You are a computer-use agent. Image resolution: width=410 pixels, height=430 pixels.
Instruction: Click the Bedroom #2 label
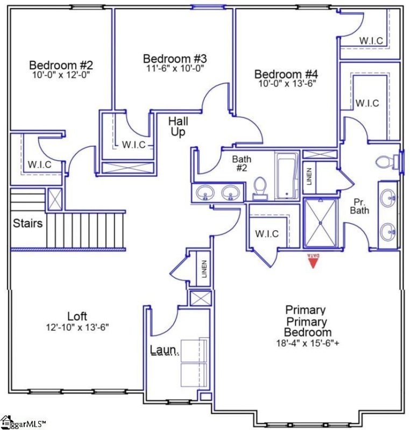(61, 66)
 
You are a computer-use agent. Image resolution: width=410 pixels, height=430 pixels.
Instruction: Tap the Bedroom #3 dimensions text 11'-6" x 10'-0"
(175, 68)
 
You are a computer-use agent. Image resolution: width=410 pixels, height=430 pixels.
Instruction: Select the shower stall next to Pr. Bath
(321, 223)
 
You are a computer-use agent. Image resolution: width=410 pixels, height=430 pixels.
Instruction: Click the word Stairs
(28, 223)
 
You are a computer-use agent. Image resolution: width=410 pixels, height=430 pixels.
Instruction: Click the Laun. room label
(164, 351)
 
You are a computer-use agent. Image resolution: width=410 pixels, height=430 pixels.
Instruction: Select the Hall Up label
(179, 126)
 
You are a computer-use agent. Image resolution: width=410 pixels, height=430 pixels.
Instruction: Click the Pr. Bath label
(360, 206)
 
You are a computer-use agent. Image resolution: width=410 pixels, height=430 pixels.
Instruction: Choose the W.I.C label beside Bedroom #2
(40, 164)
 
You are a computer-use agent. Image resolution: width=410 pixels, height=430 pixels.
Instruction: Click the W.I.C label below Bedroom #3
(133, 144)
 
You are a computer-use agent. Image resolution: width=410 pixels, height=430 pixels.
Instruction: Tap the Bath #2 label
(242, 163)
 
